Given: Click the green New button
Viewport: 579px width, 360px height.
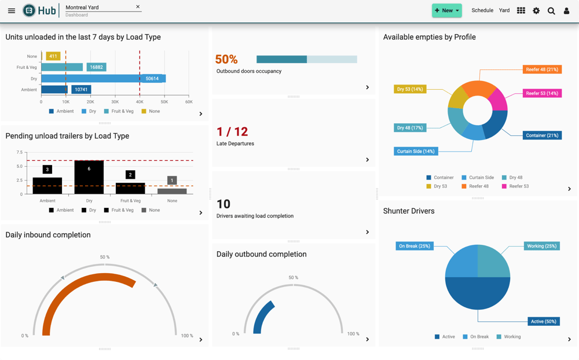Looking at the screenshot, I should click(446, 10).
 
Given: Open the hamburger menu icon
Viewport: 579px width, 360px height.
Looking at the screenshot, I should click(12, 10).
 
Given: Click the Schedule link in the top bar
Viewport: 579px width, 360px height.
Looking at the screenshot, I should click(482, 10).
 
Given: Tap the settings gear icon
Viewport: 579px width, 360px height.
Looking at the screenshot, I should click(536, 10).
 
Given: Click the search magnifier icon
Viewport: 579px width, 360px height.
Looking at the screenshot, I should click(551, 10).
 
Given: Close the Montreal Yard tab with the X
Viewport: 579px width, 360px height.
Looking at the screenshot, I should click(138, 7).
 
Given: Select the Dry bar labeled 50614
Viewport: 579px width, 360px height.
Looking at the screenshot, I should click(103, 78).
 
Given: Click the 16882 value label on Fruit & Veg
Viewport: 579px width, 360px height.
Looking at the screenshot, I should click(96, 67).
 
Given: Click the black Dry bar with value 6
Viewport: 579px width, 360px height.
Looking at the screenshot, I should click(89, 177).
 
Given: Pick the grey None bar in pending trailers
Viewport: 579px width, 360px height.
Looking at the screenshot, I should click(172, 191).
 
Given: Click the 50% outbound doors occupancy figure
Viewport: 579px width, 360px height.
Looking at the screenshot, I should click(226, 60).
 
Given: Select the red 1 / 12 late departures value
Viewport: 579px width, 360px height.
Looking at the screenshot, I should click(232, 132).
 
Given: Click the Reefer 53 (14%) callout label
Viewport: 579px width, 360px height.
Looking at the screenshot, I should click(542, 93).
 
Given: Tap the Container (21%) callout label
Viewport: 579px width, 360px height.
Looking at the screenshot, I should click(542, 135).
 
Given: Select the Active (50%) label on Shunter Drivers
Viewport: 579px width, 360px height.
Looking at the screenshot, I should click(543, 321).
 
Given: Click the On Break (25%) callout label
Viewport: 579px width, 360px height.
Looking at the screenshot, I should click(415, 246).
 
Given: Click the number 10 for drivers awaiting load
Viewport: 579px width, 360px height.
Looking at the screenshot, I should click(223, 204).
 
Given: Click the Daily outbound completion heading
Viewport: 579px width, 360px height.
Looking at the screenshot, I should click(261, 254).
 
